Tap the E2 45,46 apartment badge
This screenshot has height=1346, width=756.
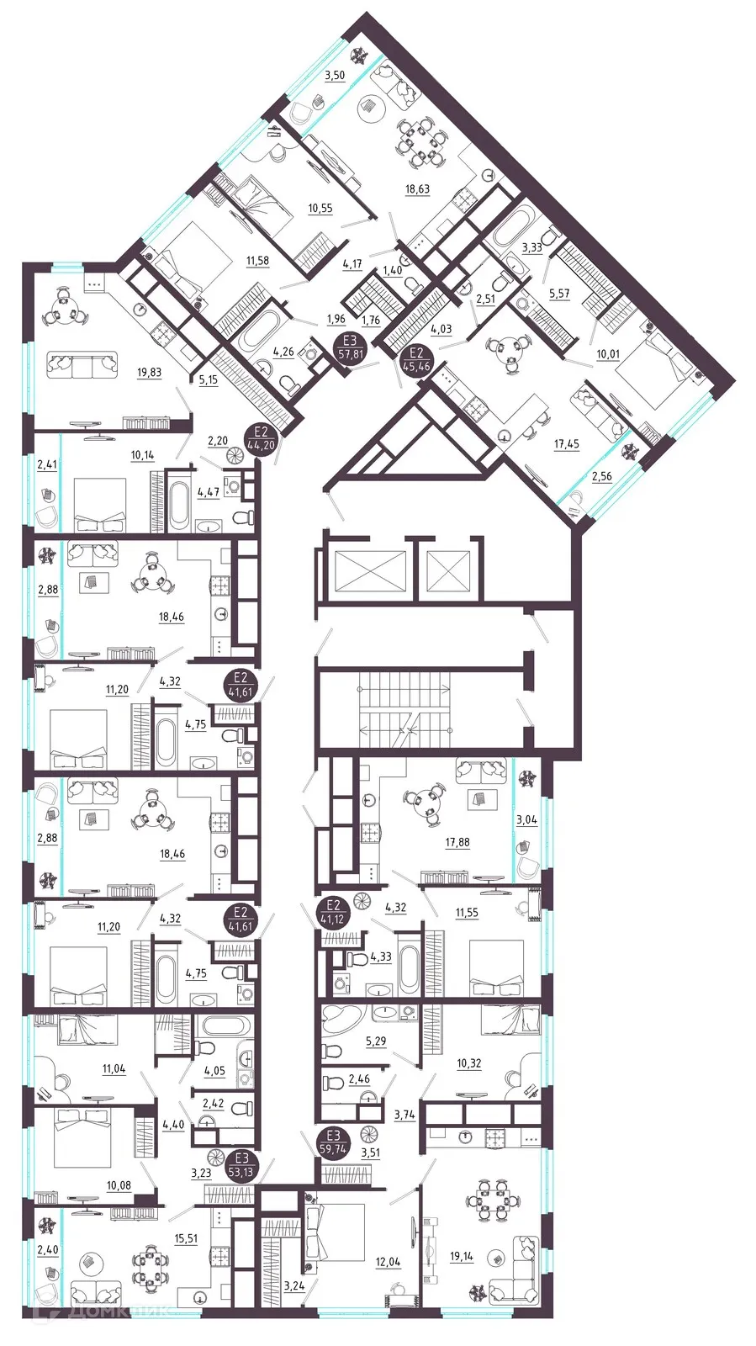(416, 359)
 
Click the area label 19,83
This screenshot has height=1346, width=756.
(149, 373)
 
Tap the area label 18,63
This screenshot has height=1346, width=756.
(417, 189)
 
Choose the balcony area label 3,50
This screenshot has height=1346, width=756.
(335, 76)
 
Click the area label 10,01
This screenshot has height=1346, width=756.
(608, 354)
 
